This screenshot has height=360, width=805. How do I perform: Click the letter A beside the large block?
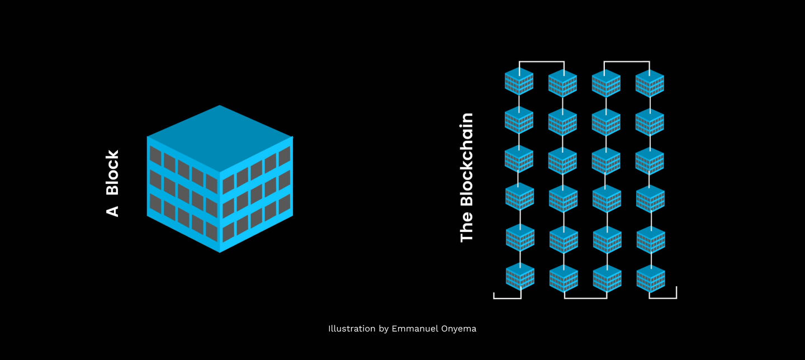[x=113, y=211]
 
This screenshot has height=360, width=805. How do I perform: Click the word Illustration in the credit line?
[x=352, y=329]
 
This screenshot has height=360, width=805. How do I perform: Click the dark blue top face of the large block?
[x=220, y=138]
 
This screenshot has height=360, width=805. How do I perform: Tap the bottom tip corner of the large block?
[x=220, y=251]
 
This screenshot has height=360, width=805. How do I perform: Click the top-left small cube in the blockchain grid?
[x=519, y=82]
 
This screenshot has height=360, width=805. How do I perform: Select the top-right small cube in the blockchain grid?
[x=650, y=84]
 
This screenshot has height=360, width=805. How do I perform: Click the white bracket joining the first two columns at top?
[x=542, y=61]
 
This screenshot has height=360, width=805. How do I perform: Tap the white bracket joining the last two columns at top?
[x=627, y=61]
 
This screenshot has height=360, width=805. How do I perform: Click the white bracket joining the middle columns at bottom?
[x=585, y=298]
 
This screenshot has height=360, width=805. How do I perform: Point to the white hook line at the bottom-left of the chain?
[x=506, y=298]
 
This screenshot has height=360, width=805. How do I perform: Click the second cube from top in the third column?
[x=606, y=122]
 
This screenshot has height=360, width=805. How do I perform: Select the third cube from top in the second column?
[x=562, y=161]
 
